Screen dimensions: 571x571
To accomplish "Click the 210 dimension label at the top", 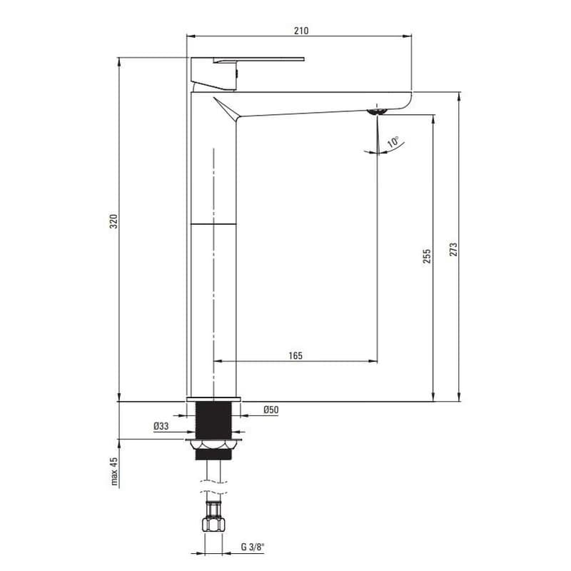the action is point(301,31).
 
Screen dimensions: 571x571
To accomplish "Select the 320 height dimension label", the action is point(114,221).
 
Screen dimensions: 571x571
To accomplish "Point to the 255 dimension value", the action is point(427,256).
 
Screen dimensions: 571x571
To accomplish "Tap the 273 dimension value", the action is point(453,249).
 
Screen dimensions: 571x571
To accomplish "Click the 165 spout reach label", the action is point(295,355).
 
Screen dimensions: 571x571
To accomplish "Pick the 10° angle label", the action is point(393,141).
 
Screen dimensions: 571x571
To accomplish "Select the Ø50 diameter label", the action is point(271,410).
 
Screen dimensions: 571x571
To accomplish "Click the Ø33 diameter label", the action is point(161,425).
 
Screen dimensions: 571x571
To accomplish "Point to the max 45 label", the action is point(114,471).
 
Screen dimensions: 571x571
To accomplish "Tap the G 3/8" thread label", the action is point(253,547).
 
